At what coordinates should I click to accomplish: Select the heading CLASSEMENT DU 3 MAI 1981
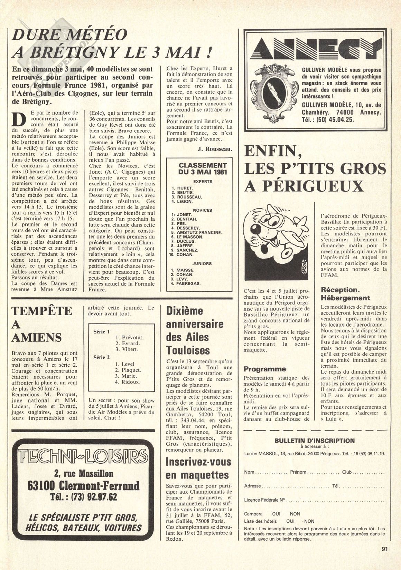click(203, 168)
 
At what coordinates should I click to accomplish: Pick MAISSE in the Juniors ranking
click(185, 270)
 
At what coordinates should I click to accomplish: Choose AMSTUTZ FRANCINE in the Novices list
click(199, 232)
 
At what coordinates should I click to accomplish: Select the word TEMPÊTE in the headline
click(42, 311)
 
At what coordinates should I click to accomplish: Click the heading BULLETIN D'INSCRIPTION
click(314, 441)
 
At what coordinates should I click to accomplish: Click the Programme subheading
click(264, 369)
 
